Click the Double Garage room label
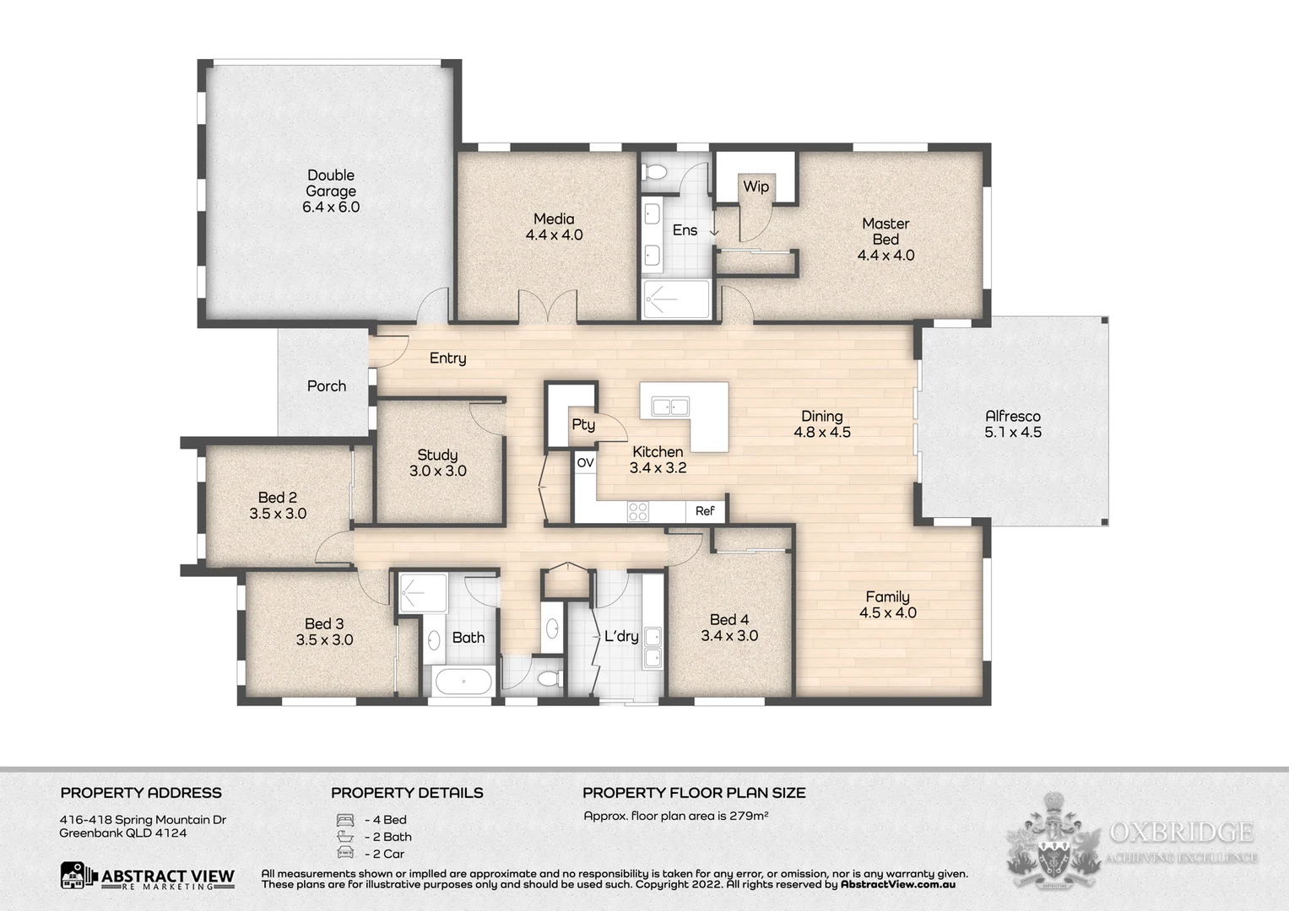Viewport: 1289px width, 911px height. pyautogui.click(x=331, y=183)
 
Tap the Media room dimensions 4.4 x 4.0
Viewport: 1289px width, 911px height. pyautogui.click(x=554, y=235)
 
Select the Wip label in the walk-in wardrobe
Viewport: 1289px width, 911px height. pyautogui.click(x=756, y=186)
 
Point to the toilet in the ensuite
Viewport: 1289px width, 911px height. pyautogui.click(x=655, y=173)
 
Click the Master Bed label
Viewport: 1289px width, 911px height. pyautogui.click(x=886, y=231)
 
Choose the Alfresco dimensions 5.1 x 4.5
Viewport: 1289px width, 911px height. pyautogui.click(x=1013, y=433)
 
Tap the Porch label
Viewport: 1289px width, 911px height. pyautogui.click(x=327, y=386)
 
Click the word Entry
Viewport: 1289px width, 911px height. pyautogui.click(x=447, y=358)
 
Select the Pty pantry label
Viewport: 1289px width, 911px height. pyautogui.click(x=583, y=424)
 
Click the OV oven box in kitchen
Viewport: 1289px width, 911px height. pyautogui.click(x=585, y=463)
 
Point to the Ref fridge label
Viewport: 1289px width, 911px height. pyautogui.click(x=705, y=511)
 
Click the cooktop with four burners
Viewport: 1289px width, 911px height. pyautogui.click(x=637, y=511)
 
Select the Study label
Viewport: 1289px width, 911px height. pyautogui.click(x=437, y=455)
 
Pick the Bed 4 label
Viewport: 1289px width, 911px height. pyautogui.click(x=729, y=620)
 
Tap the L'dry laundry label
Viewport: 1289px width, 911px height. pyautogui.click(x=621, y=637)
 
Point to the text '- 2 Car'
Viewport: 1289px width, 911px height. pyautogui.click(x=385, y=854)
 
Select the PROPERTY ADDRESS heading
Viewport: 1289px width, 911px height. pyautogui.click(x=141, y=793)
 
